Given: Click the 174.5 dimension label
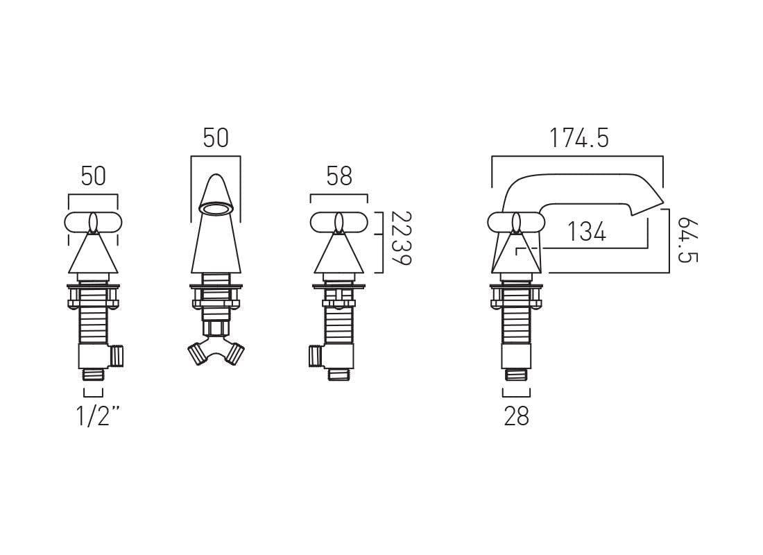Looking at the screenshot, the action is coord(579,138).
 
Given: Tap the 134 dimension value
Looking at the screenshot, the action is coord(587,232).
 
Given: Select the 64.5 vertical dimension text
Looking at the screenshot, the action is coord(687,240).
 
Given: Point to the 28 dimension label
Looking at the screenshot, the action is coord(516,417).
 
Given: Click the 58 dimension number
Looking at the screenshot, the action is coord(339,176).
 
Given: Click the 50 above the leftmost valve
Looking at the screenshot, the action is coord(94,176).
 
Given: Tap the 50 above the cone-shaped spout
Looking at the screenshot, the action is coord(216,138).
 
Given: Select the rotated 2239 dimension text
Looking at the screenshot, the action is coord(401,238).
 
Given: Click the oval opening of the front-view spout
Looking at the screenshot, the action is coord(216,210).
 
